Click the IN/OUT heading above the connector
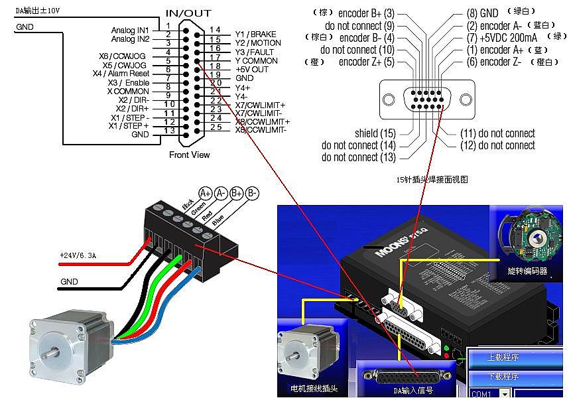coord(188,13)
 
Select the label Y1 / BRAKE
coord(255,34)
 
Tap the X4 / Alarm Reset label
coord(121,74)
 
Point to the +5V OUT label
coord(252,69)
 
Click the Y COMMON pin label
coord(256,60)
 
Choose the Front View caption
coord(189,155)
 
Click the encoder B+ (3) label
coord(366,13)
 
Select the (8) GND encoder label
coord(482,13)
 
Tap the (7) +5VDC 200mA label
coord(501,37)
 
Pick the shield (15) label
coord(375,133)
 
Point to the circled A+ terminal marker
coord(205,193)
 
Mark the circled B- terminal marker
coord(252,193)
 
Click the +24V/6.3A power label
coord(78,255)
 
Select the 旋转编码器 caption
coord(527,271)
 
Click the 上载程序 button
coord(503,358)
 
